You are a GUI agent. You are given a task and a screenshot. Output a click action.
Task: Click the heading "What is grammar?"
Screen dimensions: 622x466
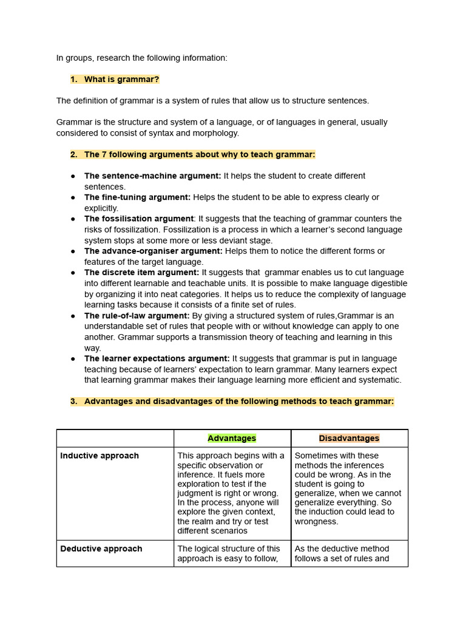(121, 80)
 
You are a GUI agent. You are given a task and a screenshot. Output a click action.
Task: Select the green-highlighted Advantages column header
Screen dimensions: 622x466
(232, 438)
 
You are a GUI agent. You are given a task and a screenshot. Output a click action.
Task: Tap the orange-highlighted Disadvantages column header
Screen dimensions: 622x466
(349, 438)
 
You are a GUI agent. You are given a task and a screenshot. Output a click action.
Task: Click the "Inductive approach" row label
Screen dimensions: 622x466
(100, 456)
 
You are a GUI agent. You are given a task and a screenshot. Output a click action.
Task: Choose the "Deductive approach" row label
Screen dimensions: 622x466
(101, 549)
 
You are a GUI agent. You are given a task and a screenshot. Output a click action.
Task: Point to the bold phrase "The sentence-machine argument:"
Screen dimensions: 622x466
(152, 176)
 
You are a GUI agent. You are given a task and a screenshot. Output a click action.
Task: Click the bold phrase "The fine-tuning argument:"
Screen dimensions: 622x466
(137, 197)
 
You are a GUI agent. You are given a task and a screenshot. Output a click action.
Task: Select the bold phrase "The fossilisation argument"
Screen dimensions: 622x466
(139, 219)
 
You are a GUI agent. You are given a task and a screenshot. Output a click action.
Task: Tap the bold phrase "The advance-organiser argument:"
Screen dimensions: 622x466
(154, 251)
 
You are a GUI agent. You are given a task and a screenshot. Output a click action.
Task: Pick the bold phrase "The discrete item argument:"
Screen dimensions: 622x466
(142, 273)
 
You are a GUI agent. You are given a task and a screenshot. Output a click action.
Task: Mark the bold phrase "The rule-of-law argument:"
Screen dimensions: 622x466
(137, 316)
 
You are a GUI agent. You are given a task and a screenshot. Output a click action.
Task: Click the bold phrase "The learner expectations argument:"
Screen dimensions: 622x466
(157, 358)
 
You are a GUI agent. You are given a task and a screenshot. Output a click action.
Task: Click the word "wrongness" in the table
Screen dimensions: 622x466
(316, 521)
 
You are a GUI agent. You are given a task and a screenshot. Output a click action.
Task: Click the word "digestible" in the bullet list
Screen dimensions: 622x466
(387, 284)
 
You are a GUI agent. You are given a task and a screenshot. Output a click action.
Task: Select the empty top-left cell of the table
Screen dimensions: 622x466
(115, 438)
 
